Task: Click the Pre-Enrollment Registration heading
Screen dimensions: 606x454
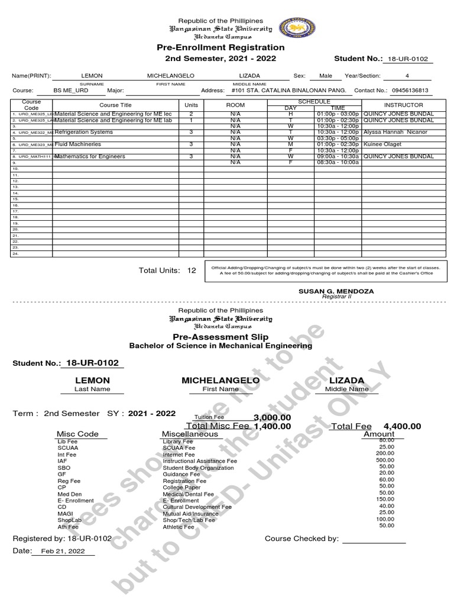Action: point(220,47)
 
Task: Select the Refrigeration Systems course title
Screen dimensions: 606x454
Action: point(83,133)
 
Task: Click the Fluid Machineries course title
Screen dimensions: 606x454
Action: point(78,144)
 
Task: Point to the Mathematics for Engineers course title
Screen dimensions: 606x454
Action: point(90,157)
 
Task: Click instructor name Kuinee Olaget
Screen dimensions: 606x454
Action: point(382,144)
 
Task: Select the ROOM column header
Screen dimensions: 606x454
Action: point(235,105)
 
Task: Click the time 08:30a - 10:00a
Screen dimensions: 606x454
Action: point(338,163)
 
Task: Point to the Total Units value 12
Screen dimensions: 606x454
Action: point(191,270)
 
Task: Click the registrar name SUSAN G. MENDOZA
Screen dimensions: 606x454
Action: point(336,291)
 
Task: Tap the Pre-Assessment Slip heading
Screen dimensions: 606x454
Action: point(220,337)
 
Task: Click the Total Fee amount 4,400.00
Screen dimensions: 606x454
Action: point(402,426)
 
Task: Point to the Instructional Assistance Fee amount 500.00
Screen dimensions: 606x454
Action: point(386,460)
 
